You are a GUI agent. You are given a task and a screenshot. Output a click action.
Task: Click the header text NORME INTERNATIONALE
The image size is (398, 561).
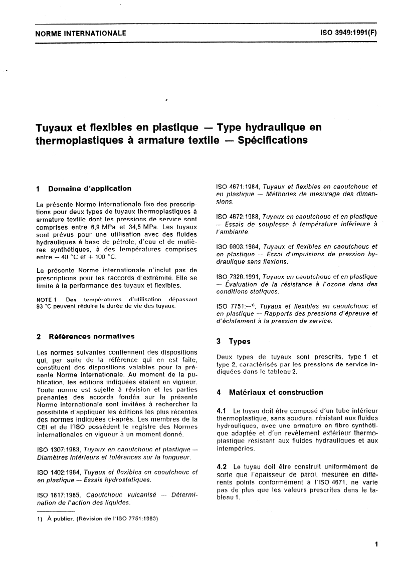80,34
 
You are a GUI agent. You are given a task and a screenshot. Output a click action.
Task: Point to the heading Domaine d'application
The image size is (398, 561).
89,189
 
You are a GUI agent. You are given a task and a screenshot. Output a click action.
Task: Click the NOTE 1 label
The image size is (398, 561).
48,299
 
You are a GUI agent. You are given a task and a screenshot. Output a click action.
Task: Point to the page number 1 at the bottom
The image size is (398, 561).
375,544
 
